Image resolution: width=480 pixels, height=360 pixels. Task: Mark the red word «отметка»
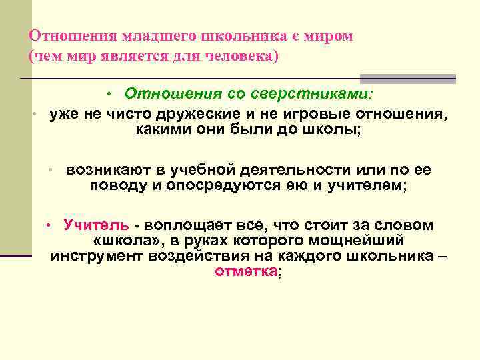[x=246, y=271]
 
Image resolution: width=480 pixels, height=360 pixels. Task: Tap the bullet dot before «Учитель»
[x=48, y=225]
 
